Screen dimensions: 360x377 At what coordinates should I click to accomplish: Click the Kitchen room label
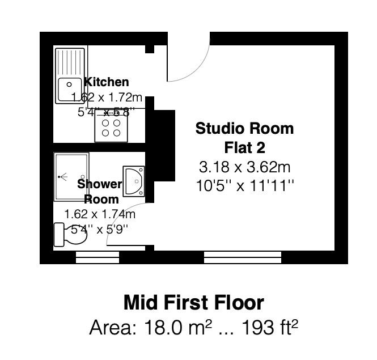click(107, 82)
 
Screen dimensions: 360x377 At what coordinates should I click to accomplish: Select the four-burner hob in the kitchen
click(111, 127)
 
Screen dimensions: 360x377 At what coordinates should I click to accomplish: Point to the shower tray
click(71, 176)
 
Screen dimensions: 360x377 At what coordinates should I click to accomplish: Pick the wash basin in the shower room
click(134, 181)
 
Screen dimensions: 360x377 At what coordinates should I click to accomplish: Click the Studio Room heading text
click(245, 129)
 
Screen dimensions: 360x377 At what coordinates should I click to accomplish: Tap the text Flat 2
click(245, 148)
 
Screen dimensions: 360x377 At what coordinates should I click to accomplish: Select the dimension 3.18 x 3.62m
click(245, 167)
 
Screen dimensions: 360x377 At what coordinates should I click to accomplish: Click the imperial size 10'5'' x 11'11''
click(245, 185)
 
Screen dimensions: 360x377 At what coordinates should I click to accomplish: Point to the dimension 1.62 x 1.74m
click(100, 214)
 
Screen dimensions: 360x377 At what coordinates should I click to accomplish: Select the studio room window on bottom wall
click(242, 257)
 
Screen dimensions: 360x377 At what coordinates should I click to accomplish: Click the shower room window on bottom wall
click(98, 257)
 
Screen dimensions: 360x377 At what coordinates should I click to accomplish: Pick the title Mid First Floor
click(194, 302)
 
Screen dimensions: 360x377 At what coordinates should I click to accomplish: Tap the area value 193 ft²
click(270, 327)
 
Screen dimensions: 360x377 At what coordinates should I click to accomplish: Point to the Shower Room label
click(100, 191)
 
